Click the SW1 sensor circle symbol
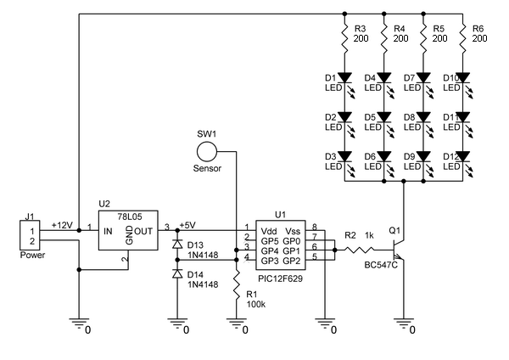click(x=206, y=152)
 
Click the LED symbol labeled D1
click(x=346, y=80)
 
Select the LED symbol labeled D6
click(x=385, y=157)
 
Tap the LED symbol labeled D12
click(x=463, y=157)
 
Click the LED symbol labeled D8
click(x=424, y=118)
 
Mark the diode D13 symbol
click(x=177, y=245)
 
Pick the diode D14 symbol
click(x=177, y=274)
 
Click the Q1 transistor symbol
click(x=397, y=250)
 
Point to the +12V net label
click(x=63, y=224)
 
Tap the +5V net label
click(x=187, y=224)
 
